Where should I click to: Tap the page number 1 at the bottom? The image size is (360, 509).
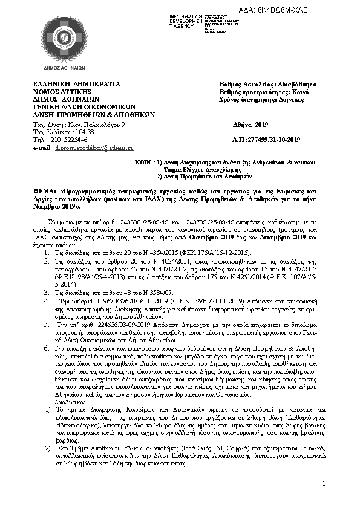pos(325,484)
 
